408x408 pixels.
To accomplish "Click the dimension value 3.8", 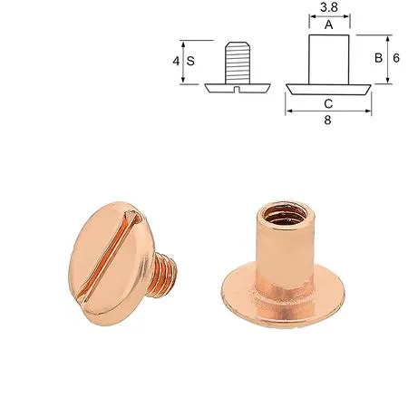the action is (x=329, y=7).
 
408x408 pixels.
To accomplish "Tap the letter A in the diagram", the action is (x=329, y=24).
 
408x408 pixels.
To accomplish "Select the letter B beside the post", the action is (x=378, y=58).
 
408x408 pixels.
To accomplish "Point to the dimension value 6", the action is (x=396, y=58).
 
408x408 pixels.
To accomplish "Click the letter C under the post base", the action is (x=328, y=103).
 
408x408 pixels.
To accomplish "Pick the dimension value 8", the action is (x=327, y=121).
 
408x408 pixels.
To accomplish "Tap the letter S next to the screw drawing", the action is (x=190, y=61).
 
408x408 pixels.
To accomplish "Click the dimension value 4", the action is (x=176, y=61).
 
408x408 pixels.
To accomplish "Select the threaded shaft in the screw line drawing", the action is (x=238, y=63).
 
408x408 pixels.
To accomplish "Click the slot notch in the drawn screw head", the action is (x=238, y=89).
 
